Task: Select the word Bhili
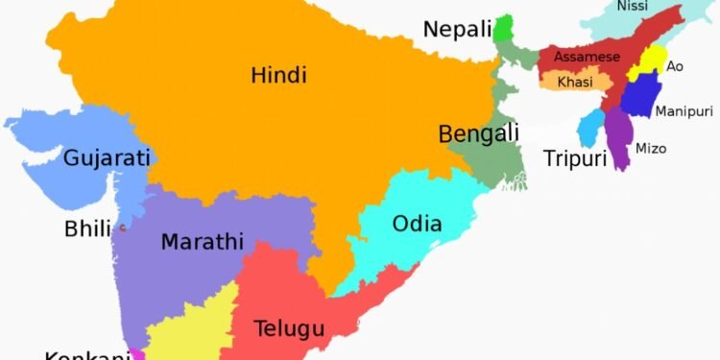click(87, 229)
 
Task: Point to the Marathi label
click(202, 242)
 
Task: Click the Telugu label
click(289, 328)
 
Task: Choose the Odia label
click(418, 225)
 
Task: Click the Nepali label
click(457, 30)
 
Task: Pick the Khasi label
click(574, 83)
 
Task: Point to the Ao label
click(675, 66)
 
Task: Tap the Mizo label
click(651, 149)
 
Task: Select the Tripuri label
click(575, 158)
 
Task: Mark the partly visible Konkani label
click(86, 354)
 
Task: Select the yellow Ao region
click(645, 64)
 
